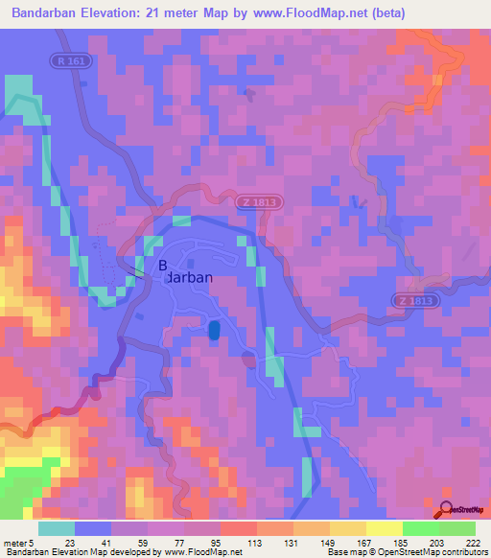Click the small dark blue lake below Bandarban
[x=213, y=330]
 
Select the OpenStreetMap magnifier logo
[x=448, y=510]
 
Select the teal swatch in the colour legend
[x=57, y=528]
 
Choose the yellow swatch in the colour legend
[x=384, y=528]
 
